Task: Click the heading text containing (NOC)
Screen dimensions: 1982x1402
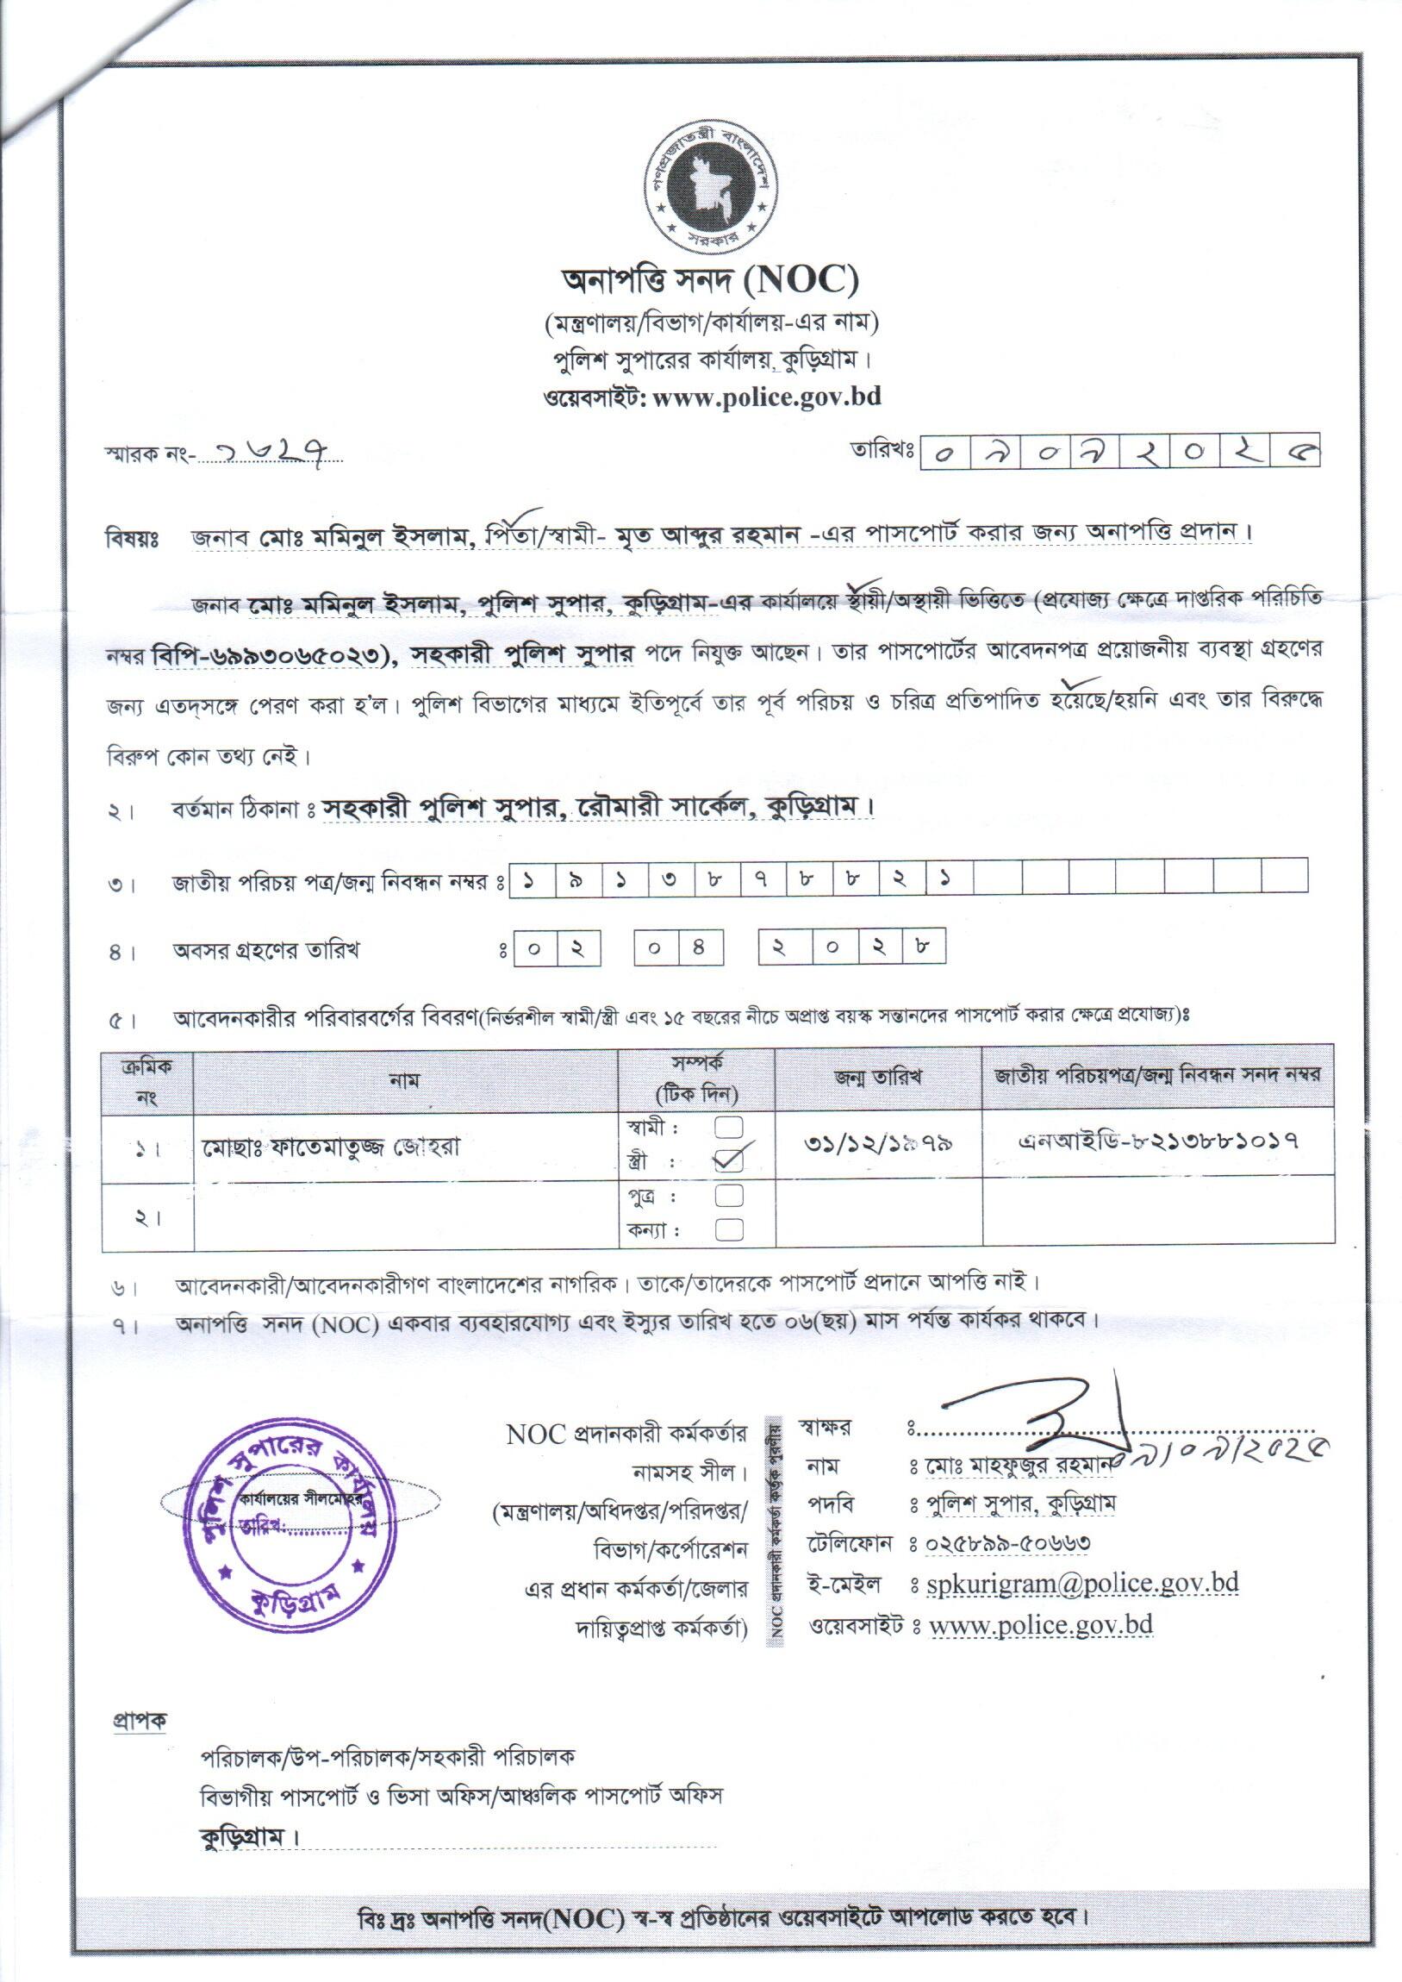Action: pyautogui.click(x=710, y=280)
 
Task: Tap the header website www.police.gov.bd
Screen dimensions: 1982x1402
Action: pyautogui.click(x=767, y=397)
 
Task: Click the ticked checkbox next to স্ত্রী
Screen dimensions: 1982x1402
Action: pyautogui.click(x=730, y=1160)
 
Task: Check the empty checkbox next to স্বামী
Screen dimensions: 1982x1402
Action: pyautogui.click(x=730, y=1126)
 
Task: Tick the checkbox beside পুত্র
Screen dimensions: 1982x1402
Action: pyautogui.click(x=730, y=1195)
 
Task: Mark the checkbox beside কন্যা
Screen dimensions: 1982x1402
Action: pyautogui.click(x=730, y=1229)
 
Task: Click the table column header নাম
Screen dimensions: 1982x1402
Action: pyautogui.click(x=404, y=1080)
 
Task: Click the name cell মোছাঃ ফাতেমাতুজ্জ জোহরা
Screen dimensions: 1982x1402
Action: pyautogui.click(x=332, y=1147)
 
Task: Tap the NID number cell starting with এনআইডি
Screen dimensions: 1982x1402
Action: pyautogui.click(x=1157, y=1141)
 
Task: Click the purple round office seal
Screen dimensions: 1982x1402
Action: pyautogui.click(x=290, y=1525)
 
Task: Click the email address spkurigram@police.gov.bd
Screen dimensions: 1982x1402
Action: pyautogui.click(x=1081, y=1583)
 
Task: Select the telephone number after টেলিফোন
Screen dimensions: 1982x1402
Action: pyautogui.click(x=1006, y=1542)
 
